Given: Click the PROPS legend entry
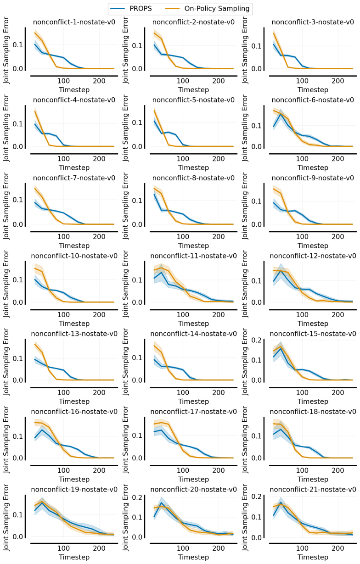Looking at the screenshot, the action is point(131,9).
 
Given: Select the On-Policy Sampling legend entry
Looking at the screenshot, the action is point(208,9).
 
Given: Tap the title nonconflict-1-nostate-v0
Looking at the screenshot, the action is point(74,22).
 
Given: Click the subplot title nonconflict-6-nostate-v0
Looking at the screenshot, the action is point(313,100).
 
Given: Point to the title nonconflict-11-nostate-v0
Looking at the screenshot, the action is point(193,256).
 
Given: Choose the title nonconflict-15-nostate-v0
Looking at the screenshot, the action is point(313,334).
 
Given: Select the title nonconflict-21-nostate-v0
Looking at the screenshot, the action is point(313,490).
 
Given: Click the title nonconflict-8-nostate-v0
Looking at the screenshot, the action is point(193,178).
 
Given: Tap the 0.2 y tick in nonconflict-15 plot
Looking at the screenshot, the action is point(257,340).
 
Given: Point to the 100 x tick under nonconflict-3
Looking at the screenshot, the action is point(302,81).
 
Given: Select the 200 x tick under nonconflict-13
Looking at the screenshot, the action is point(99,392).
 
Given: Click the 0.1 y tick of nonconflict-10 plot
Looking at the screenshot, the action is point(17,280).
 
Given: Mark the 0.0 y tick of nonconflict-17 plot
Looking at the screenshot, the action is point(137,458).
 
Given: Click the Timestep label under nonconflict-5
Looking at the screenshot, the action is point(193,168).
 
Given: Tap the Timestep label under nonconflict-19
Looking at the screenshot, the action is point(74,557).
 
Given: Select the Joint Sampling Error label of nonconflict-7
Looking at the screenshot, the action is point(6,206).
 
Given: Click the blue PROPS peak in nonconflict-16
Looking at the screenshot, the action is point(42,430).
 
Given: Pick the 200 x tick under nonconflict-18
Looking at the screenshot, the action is point(337,470).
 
